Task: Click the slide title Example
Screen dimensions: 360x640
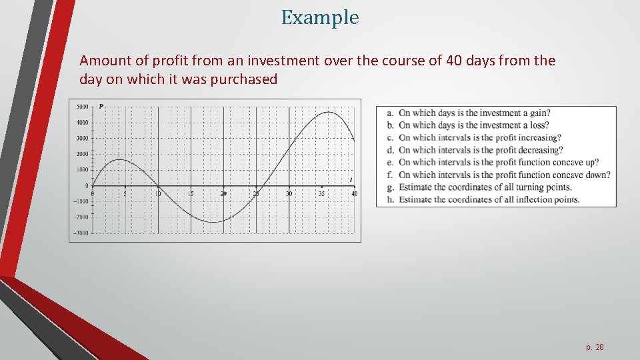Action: [x=320, y=17]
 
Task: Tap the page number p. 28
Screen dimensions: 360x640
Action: [x=595, y=347]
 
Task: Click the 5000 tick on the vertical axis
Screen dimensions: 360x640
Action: [x=83, y=107]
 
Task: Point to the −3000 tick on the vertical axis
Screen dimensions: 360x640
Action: [x=81, y=233]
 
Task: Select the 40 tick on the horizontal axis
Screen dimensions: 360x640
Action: [x=354, y=193]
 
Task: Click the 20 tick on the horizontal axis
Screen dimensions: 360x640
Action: [x=223, y=193]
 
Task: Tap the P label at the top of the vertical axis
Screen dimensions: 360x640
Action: [x=101, y=106]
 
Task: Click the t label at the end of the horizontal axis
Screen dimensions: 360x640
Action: [x=351, y=179]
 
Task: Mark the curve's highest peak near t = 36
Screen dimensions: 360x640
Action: [x=329, y=112]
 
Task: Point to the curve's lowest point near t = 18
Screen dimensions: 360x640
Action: [x=212, y=222]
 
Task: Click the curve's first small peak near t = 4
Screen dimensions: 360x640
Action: [x=118, y=159]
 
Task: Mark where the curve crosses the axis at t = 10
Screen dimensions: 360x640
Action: [x=157, y=185]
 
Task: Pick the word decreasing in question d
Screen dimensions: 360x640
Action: [x=535, y=150]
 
